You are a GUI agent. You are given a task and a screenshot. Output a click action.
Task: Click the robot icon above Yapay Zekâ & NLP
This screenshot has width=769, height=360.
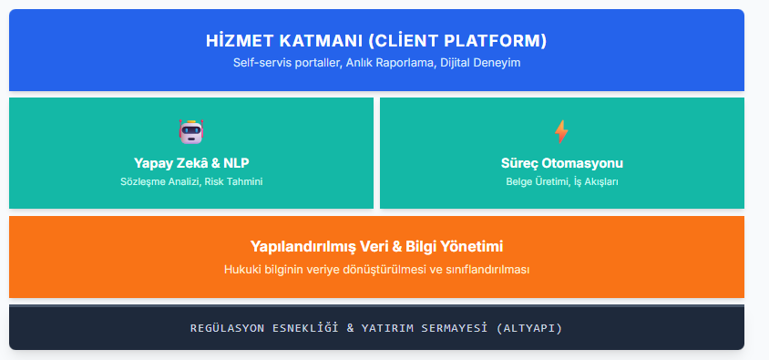pos(190,131)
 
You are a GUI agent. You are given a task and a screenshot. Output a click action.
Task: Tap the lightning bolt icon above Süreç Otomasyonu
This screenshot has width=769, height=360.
pos(561,131)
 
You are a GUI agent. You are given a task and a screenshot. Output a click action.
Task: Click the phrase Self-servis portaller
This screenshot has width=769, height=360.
pos(285,64)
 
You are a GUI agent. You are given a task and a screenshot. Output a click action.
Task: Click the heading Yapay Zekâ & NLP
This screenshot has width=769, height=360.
pos(190,163)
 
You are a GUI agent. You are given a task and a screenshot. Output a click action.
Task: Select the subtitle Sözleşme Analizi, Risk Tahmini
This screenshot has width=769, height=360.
pos(190,181)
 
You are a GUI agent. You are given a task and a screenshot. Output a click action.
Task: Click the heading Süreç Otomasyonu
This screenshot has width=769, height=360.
pos(561,163)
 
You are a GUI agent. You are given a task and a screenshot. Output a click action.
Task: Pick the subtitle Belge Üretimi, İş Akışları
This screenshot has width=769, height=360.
pos(561,181)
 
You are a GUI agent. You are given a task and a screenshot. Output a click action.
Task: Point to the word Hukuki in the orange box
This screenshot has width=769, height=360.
pos(241,270)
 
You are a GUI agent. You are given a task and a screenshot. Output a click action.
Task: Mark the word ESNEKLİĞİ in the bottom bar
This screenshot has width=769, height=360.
pos(306,328)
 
